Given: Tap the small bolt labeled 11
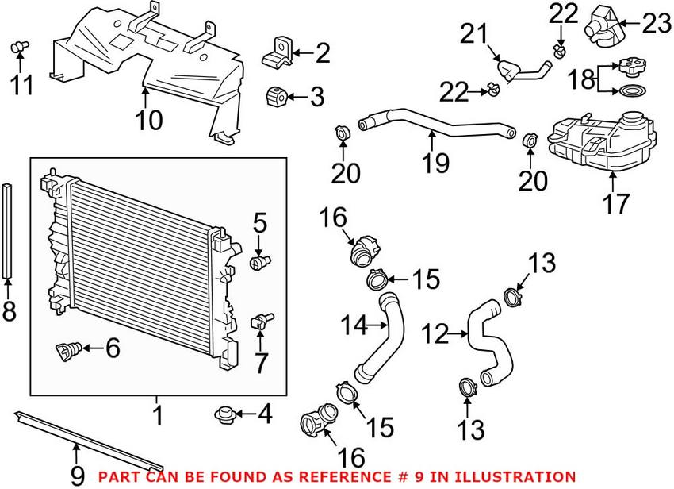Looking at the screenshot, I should click(18, 51).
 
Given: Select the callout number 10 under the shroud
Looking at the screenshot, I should click(148, 120).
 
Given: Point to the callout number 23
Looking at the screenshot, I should click(657, 25).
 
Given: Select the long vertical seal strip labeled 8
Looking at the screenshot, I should click(8, 230).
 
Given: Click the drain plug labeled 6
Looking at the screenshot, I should click(70, 348).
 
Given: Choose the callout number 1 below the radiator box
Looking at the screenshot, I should click(157, 414).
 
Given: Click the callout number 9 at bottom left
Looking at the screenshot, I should click(77, 475).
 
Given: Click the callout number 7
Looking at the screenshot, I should click(261, 362).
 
